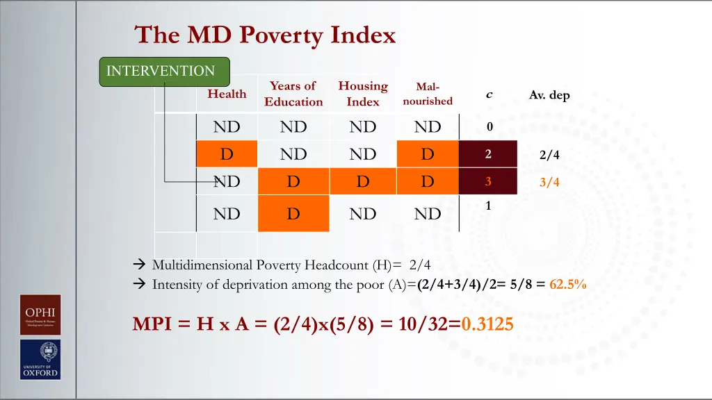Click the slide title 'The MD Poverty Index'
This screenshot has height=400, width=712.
pos(265,35)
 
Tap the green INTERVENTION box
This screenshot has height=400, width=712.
pos(164,72)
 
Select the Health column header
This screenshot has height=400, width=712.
pos(227,94)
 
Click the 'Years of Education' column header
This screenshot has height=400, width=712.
pos(293,94)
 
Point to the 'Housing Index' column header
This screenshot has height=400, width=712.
pos(363,94)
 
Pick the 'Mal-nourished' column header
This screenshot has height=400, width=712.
pos(427,94)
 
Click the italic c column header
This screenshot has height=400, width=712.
pos(489,94)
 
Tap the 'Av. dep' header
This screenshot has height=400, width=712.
pos(549,95)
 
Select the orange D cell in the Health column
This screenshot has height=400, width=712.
pos(227,154)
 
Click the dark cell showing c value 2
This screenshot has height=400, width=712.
pos(488,154)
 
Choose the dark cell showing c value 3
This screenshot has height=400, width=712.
pos(488,181)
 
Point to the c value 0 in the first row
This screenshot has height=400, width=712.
pos(489,127)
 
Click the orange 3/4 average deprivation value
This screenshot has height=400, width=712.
pos(549,183)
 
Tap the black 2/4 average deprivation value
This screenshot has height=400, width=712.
pos(549,156)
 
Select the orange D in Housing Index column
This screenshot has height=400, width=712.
pos(363,181)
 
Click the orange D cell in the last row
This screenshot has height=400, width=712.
pos(293,214)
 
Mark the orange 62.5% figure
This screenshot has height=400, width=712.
pos(567,283)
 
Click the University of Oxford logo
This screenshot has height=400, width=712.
pos(40,360)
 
